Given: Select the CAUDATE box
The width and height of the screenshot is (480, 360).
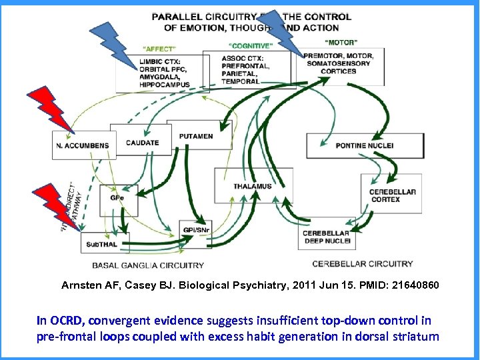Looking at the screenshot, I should pos(143,142).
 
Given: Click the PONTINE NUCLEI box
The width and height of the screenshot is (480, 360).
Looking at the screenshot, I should pos(364,145).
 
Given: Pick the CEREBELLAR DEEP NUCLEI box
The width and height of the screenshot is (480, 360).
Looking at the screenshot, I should pos(326,237).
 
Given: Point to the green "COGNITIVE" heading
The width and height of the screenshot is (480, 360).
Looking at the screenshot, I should pos(250,46).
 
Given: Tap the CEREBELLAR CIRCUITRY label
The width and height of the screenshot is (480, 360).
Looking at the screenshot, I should pos(362,263).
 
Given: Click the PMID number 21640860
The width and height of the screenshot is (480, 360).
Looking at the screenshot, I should pos(415,285).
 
